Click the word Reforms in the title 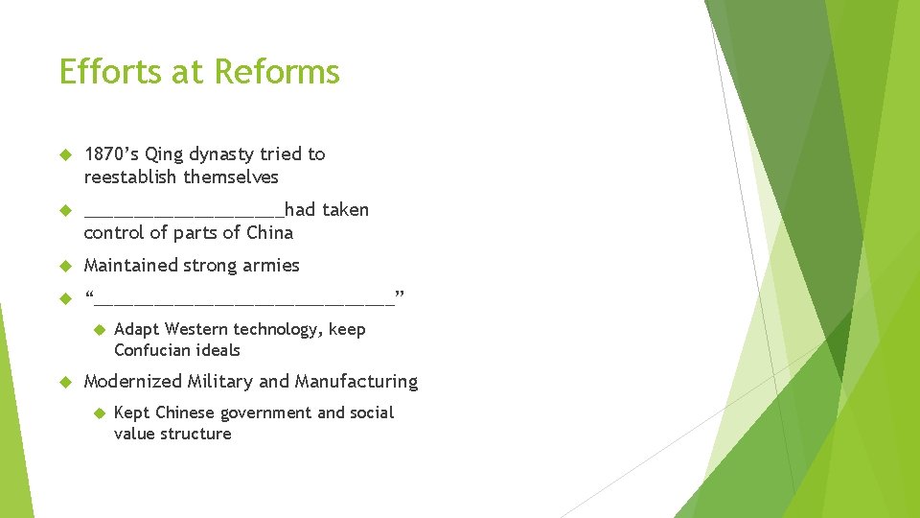pyautogui.click(x=277, y=72)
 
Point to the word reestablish pyautogui.click(x=131, y=177)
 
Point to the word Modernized pyautogui.click(x=133, y=381)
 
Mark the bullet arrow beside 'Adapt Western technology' pyautogui.click(x=98, y=330)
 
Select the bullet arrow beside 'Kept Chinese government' pyautogui.click(x=98, y=413)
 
